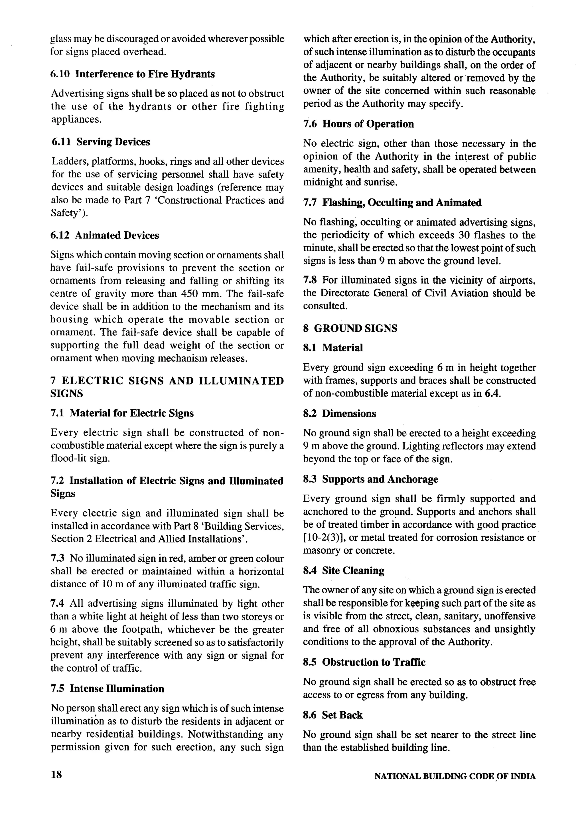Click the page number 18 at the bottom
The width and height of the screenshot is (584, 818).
(x=56, y=774)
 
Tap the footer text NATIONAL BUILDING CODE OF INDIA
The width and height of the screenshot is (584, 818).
(x=455, y=776)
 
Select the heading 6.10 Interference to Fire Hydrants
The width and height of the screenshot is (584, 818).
(x=132, y=74)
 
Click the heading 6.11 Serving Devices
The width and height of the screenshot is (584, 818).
(x=100, y=142)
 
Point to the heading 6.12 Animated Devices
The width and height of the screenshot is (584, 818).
(x=105, y=235)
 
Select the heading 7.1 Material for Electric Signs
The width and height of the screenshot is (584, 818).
(x=122, y=413)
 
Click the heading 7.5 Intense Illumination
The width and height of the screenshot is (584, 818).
(x=107, y=689)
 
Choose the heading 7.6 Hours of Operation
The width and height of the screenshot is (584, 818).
(x=358, y=124)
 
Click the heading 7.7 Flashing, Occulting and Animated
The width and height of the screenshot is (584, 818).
(x=392, y=203)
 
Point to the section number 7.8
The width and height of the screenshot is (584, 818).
(x=309, y=280)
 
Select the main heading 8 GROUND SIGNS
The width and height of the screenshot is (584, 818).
(x=350, y=328)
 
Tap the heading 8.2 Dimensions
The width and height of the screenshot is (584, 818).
(x=339, y=414)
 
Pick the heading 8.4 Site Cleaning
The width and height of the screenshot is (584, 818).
(x=343, y=570)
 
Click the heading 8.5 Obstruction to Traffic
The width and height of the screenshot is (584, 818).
(x=364, y=662)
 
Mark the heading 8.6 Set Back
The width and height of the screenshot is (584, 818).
(x=333, y=715)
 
